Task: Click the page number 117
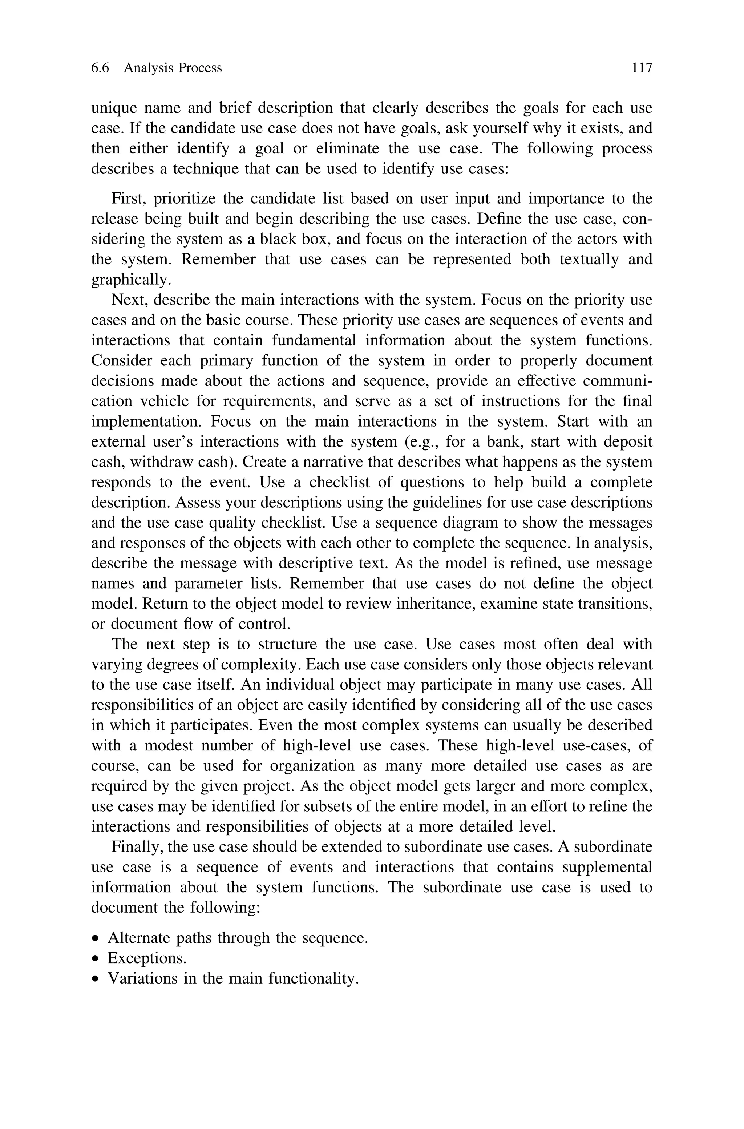coord(642,68)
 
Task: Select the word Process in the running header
coord(200,68)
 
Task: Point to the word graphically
coord(130,280)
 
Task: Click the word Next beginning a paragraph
coord(128,300)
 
